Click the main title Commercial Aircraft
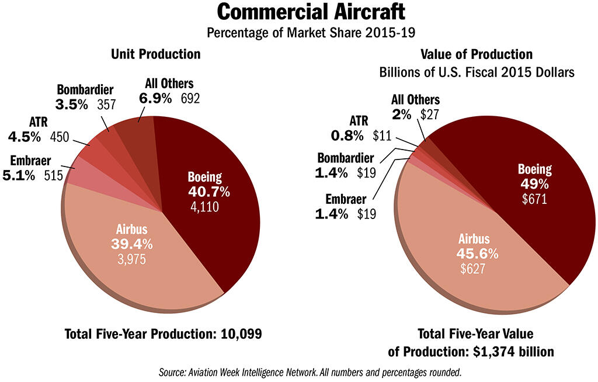[x=298, y=12]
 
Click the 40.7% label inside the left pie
[x=208, y=192]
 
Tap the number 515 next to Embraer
[x=54, y=175]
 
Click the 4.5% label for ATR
[x=24, y=137]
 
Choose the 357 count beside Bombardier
[x=105, y=105]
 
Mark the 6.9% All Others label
[x=155, y=98]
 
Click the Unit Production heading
[x=156, y=54]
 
